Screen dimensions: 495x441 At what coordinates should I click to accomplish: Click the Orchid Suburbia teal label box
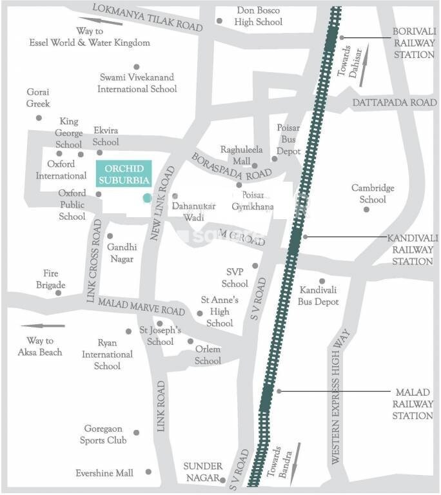click(x=123, y=173)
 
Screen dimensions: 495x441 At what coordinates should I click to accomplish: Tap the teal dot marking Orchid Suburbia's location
click(x=147, y=197)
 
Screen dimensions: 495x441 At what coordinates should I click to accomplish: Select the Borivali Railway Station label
click(x=413, y=43)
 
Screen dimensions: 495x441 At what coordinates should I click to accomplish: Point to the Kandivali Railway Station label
click(x=413, y=249)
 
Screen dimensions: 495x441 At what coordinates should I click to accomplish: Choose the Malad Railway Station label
click(x=413, y=403)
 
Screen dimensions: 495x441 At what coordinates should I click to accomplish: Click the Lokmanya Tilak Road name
click(x=148, y=17)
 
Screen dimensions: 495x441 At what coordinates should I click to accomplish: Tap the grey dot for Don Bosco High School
click(x=219, y=21)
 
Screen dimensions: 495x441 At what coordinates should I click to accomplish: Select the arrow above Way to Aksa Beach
click(x=43, y=326)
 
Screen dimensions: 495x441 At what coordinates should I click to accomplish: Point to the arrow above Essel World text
click(x=101, y=21)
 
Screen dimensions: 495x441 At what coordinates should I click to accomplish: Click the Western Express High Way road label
click(x=342, y=397)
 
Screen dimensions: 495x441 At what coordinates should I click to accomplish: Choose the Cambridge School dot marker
click(x=366, y=209)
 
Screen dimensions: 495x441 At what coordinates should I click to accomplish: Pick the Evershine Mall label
click(x=104, y=473)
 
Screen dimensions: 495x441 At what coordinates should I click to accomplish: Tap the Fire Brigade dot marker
click(x=58, y=293)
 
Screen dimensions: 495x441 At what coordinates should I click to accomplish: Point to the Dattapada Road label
click(x=395, y=102)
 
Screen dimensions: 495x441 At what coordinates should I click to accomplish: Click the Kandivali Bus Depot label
click(x=318, y=296)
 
